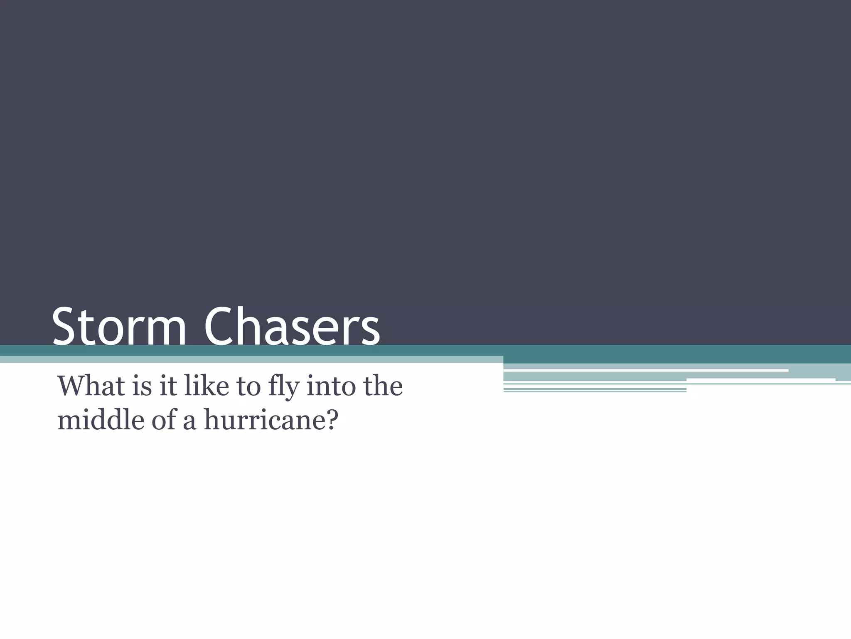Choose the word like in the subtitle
pyautogui.click(x=206, y=386)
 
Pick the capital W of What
pyautogui.click(x=73, y=386)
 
